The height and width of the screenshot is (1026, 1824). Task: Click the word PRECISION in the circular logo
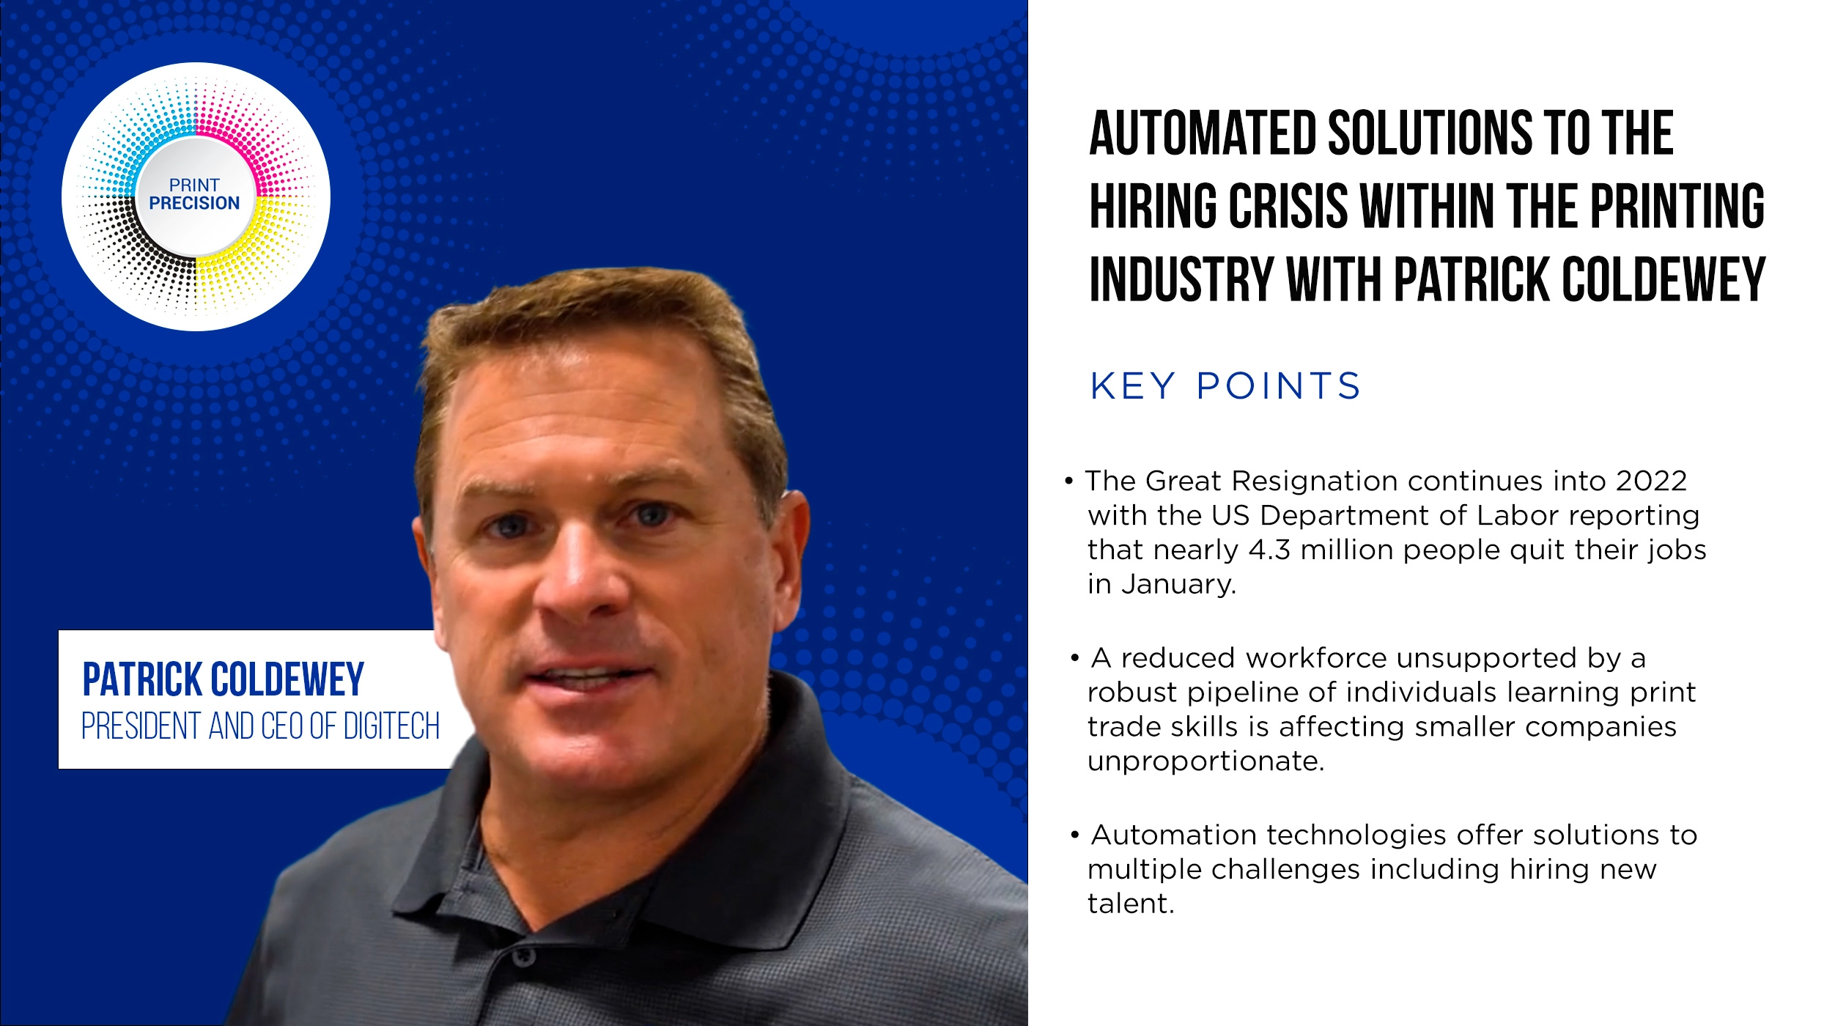pyautogui.click(x=194, y=203)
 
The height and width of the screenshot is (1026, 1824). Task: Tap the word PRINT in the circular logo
pyautogui.click(x=194, y=185)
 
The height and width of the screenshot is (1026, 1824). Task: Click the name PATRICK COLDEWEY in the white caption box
pyautogui.click(x=223, y=679)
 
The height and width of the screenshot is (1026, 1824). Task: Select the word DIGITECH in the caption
pyautogui.click(x=391, y=726)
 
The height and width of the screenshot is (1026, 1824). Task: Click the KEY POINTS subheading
pyautogui.click(x=1225, y=386)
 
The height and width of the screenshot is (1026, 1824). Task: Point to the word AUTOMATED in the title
pyautogui.click(x=1203, y=133)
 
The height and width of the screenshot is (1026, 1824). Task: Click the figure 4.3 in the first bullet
pyautogui.click(x=1269, y=550)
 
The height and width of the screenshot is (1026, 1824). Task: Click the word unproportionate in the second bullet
pyautogui.click(x=1205, y=761)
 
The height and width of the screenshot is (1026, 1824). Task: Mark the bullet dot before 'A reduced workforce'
pyautogui.click(x=1074, y=658)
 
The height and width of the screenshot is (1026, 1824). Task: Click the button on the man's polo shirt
pyautogui.click(x=523, y=956)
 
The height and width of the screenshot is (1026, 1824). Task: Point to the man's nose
pyautogui.click(x=579, y=579)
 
